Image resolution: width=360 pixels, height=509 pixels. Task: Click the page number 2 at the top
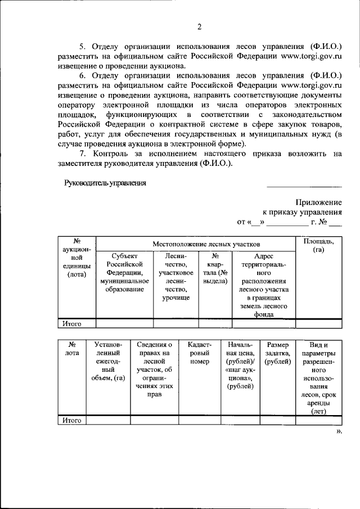(x=199, y=26)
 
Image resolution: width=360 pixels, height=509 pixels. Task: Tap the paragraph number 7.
(x=82, y=153)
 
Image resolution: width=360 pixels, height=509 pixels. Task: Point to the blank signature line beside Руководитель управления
(x=304, y=186)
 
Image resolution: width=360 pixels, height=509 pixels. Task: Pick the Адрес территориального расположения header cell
(x=264, y=285)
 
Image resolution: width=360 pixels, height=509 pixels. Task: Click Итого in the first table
(x=72, y=323)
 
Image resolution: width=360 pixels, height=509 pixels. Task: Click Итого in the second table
(x=72, y=420)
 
